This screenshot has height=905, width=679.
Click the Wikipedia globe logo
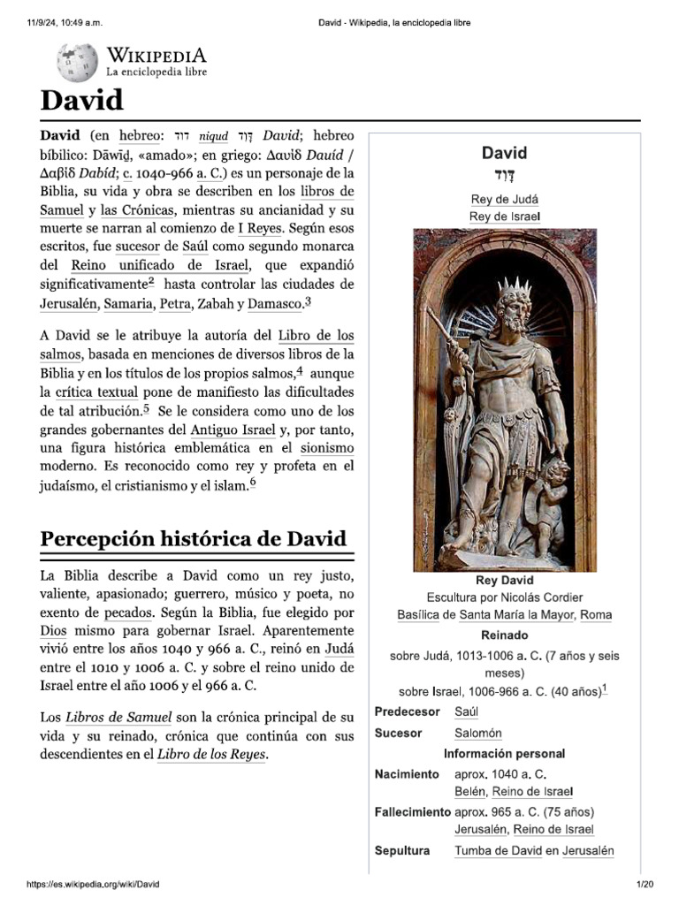tap(78, 63)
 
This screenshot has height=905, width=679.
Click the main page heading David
tap(82, 100)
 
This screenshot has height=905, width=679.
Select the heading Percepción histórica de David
tap(194, 539)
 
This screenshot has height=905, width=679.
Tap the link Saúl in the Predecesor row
tap(466, 711)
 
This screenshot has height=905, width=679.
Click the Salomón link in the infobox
tap(477, 733)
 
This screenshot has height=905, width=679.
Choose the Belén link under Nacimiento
tap(469, 791)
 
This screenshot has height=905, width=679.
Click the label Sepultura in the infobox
tap(401, 850)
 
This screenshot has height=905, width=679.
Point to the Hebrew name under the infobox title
tap(504, 173)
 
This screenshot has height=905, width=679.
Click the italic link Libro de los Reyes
tap(211, 755)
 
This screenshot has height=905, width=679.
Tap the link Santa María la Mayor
tap(516, 615)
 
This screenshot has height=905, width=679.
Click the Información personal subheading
tap(504, 754)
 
